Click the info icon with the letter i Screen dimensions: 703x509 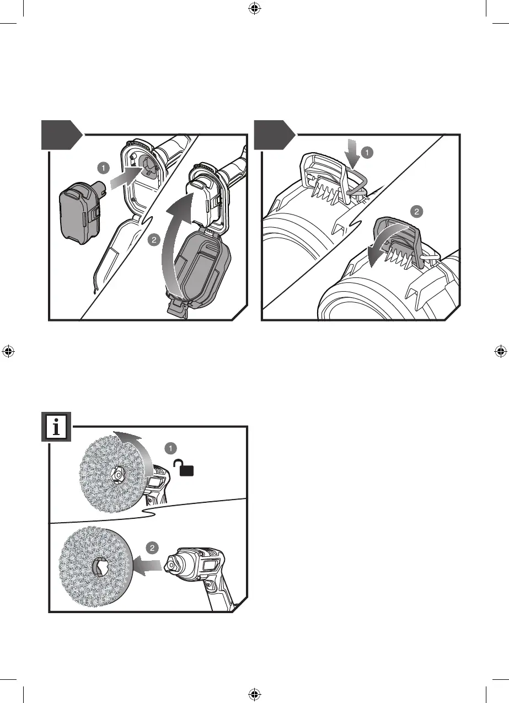point(56,428)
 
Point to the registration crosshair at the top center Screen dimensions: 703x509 point(254,8)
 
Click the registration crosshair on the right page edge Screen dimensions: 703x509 point(500,351)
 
